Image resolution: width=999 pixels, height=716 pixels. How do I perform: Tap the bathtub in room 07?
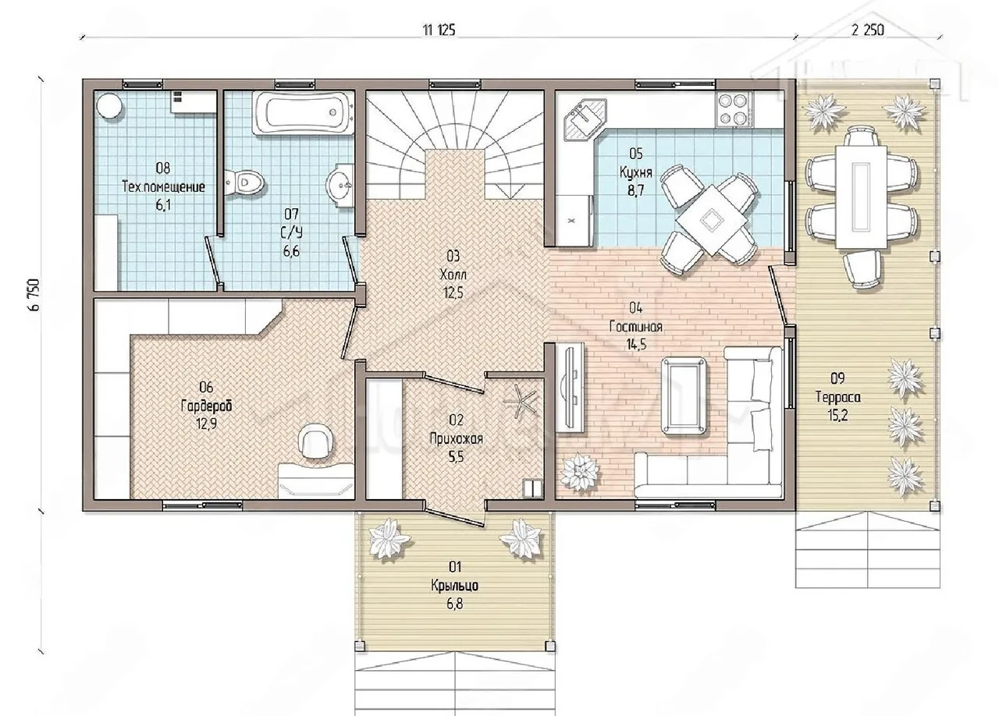click(304, 113)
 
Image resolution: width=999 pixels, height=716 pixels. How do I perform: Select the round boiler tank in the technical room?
click(109, 107)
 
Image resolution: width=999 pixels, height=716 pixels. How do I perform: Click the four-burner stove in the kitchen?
click(734, 109)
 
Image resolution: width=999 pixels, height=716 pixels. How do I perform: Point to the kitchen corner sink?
click(585, 119)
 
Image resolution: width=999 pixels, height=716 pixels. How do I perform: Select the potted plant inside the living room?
click(579, 472)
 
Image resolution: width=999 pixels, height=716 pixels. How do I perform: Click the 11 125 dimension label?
click(439, 30)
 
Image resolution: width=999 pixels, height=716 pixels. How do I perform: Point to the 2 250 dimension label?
click(867, 30)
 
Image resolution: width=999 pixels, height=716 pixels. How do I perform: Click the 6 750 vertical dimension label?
click(35, 295)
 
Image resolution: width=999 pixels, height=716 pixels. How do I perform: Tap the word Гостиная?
click(635, 327)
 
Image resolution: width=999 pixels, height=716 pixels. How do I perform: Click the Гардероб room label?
click(206, 406)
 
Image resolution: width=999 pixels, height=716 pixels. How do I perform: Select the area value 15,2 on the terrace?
click(837, 416)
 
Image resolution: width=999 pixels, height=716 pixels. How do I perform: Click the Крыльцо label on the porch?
click(454, 586)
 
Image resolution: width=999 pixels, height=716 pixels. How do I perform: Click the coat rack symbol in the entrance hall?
click(520, 400)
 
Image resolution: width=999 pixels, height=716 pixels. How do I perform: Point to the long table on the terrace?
click(861, 197)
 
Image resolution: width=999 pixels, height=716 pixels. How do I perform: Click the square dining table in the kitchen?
click(711, 221)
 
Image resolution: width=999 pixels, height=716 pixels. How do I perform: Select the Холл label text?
click(453, 275)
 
